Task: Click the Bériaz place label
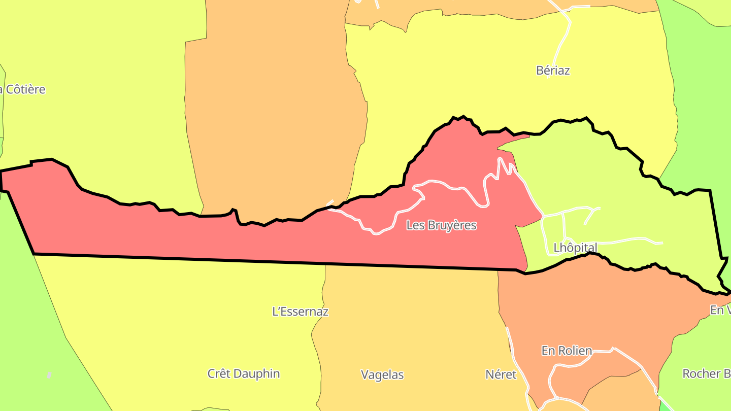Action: coord(553,71)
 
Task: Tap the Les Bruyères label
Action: coord(441,225)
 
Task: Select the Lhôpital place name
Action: coord(575,248)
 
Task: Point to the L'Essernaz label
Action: coord(301,312)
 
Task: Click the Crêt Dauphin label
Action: coord(244,374)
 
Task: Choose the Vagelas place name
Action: coord(382,375)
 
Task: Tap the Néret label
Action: coord(501,374)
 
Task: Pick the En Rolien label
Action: coord(567,351)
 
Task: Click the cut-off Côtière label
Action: coord(22,90)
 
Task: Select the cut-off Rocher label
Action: coord(706,374)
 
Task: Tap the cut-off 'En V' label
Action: coord(720,310)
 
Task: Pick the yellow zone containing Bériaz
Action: coord(482,76)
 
